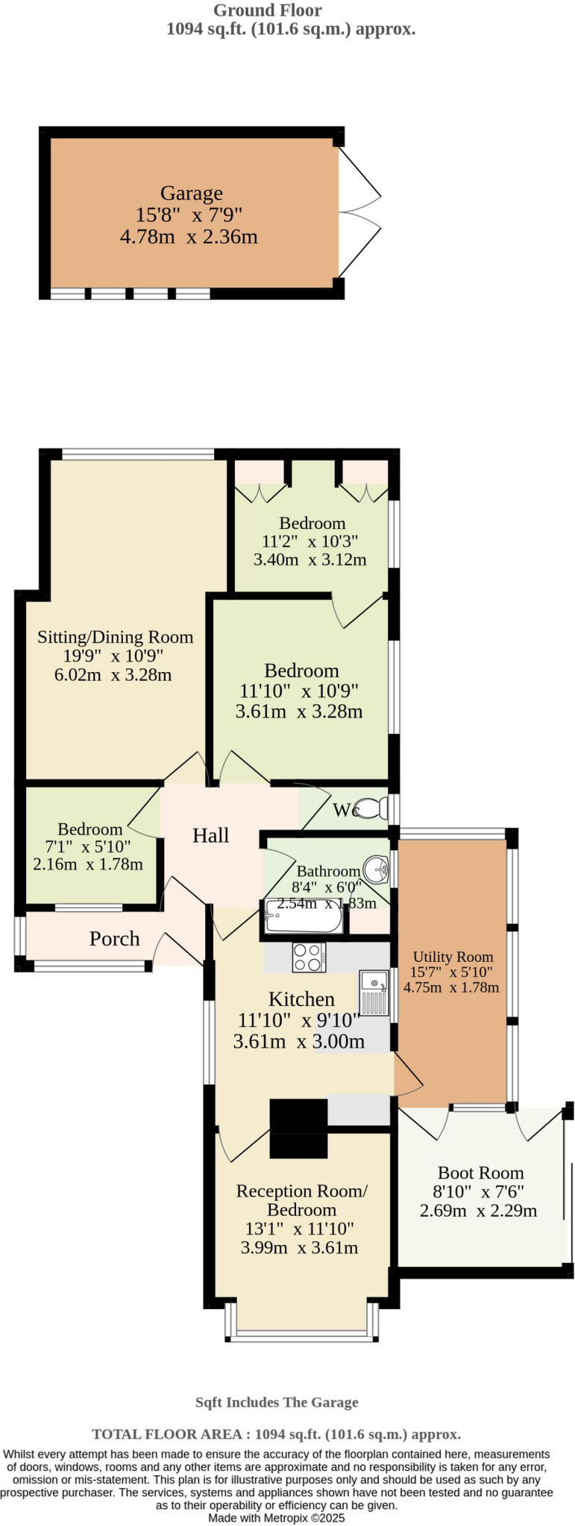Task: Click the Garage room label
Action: point(191,194)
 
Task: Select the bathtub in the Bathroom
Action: point(302,917)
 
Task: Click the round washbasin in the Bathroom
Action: point(377,868)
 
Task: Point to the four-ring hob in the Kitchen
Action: point(308,957)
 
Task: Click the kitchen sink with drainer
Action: point(374,993)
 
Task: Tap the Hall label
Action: point(210,836)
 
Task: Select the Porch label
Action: point(115,939)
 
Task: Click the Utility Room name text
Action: point(453,957)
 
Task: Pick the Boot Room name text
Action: point(480,1173)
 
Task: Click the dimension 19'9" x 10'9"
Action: point(113,656)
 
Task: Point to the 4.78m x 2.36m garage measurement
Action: point(189,238)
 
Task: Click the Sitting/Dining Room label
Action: point(116,637)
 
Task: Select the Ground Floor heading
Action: point(268,10)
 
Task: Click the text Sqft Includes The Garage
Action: point(277,1402)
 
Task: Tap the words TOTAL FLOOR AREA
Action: point(166,1434)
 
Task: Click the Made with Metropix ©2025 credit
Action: point(276,1518)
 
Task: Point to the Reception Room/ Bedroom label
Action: point(301,1200)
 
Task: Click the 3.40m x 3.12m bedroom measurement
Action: point(310,560)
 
